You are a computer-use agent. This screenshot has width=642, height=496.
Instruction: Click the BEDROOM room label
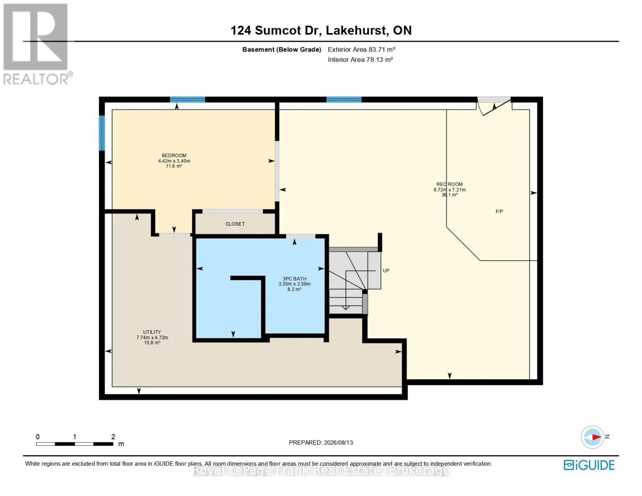(174, 155)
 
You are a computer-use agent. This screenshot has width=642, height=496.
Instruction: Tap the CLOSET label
(235, 224)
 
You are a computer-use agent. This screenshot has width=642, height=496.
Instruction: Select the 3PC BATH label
(294, 279)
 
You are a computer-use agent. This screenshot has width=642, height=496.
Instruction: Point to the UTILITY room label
(152, 332)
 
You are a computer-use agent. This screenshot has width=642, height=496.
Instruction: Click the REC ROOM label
(449, 184)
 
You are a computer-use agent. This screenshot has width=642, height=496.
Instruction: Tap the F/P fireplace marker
(499, 212)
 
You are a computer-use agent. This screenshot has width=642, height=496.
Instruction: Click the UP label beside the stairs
(386, 271)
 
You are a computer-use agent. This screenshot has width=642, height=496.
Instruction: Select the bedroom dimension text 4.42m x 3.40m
(174, 161)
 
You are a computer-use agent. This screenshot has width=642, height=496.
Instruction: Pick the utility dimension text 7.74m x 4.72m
(152, 338)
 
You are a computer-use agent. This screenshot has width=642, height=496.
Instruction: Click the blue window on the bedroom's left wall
(102, 133)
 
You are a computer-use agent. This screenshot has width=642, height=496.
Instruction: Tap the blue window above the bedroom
(187, 100)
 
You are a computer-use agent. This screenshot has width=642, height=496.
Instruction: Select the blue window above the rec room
(344, 100)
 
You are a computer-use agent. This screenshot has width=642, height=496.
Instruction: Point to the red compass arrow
(597, 437)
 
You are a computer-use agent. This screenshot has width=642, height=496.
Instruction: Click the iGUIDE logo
(589, 465)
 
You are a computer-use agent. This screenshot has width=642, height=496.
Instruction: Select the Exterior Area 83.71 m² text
(361, 50)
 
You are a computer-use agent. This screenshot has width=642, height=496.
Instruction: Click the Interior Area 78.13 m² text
(360, 60)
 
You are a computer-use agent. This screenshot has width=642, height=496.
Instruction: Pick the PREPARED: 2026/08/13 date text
(321, 443)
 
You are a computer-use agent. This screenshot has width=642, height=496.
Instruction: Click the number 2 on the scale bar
(113, 436)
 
